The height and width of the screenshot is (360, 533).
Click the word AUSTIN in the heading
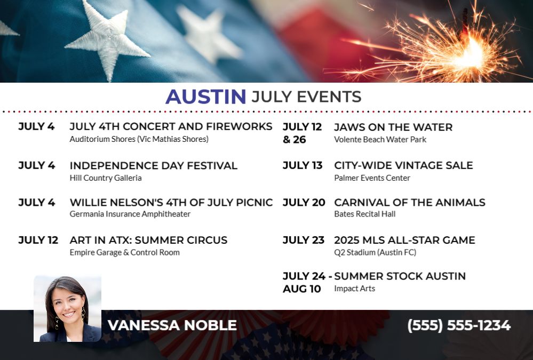[x=205, y=97]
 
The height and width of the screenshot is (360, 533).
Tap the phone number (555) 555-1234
[x=459, y=325]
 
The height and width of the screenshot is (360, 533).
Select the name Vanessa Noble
[x=172, y=325]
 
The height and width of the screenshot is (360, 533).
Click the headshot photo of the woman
[x=67, y=309]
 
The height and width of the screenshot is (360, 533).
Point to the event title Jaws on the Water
[x=393, y=127]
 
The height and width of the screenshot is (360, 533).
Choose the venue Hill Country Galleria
[x=106, y=178]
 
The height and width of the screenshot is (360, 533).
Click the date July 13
[x=303, y=165]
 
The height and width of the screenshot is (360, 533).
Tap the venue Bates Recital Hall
[x=365, y=214]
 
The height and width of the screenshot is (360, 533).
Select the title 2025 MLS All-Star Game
[x=404, y=240]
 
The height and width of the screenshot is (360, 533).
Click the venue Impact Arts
[x=355, y=289]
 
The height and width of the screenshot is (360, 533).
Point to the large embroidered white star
[x=108, y=40]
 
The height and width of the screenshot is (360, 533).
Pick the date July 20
[x=304, y=202]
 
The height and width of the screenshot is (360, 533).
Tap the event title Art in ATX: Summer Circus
[x=148, y=240]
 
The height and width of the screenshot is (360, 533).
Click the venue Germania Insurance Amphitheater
[x=130, y=214]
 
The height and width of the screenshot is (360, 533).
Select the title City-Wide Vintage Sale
[x=403, y=165]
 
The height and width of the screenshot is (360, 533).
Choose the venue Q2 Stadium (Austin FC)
[x=375, y=252]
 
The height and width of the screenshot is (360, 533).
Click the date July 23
[x=304, y=240]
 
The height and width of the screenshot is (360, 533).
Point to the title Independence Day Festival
[x=153, y=165]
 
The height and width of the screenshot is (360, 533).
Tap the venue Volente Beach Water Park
[x=380, y=139]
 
